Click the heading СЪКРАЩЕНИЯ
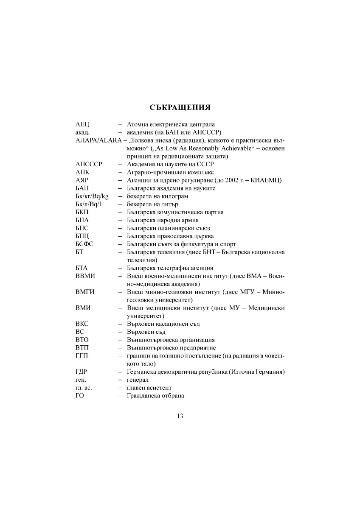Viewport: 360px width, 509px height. pos(180,107)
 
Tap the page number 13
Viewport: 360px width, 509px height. pos(180,416)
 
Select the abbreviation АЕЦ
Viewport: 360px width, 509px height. pos(82,124)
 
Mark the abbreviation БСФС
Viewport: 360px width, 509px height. pos(84,244)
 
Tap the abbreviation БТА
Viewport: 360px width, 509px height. pos(82,268)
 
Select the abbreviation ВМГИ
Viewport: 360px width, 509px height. pos(84,292)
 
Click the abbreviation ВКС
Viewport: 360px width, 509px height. pos(82,324)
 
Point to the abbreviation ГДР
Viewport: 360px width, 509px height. pos(82,372)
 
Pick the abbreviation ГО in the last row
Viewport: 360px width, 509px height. pos(79,396)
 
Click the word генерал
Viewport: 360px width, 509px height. pos(138,380)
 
